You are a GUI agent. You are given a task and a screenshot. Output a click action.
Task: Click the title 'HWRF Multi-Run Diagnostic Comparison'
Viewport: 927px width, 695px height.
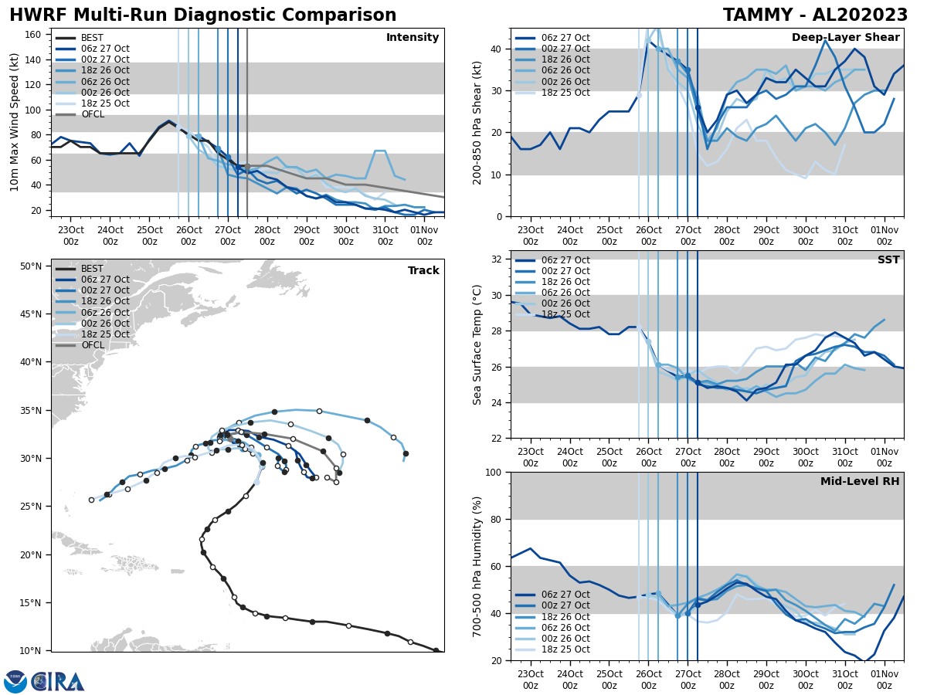202,15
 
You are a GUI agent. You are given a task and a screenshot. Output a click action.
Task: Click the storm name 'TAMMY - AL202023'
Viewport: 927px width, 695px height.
815,15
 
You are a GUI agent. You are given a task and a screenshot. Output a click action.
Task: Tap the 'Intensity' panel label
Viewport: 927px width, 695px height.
413,38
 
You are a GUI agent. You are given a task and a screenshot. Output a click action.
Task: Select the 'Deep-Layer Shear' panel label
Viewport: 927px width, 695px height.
845,38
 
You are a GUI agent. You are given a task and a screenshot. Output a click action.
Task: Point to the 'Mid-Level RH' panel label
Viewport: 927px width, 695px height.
860,482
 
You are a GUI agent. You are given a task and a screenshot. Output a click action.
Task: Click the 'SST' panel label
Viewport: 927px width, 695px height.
888,260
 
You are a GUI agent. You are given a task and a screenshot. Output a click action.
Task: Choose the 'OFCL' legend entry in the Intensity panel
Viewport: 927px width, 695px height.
92,114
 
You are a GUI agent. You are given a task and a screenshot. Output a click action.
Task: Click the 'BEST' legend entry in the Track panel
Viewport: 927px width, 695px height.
92,269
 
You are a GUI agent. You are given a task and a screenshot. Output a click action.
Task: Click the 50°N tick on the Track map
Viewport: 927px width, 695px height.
29,266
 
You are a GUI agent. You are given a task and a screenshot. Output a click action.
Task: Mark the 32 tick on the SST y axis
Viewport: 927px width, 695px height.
497,259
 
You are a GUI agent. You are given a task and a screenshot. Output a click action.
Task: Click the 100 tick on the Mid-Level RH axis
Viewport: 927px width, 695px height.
494,472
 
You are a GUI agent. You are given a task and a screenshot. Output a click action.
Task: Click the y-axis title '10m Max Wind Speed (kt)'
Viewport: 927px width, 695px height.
14,122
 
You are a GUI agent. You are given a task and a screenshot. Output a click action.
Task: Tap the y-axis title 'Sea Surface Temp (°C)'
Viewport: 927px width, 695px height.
477,344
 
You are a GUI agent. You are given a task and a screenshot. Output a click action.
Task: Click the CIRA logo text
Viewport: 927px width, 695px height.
57,682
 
